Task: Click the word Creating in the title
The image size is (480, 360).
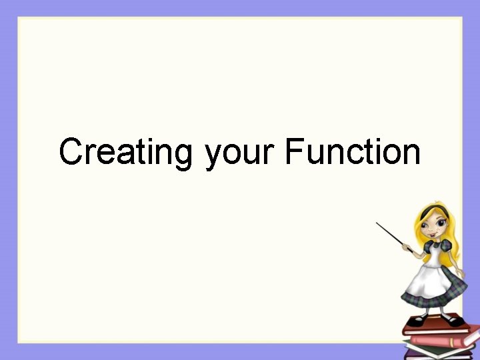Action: pyautogui.click(x=125, y=152)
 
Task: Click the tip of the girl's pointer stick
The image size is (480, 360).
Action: pyautogui.click(x=377, y=223)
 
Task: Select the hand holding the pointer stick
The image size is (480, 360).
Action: pyautogui.click(x=408, y=249)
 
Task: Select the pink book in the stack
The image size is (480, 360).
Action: pyautogui.click(x=440, y=341)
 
